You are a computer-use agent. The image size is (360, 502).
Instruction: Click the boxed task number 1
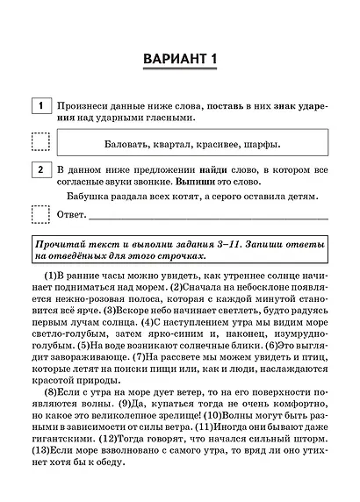(x=40, y=105)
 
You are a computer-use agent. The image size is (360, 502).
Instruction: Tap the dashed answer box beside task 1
(x=40, y=141)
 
